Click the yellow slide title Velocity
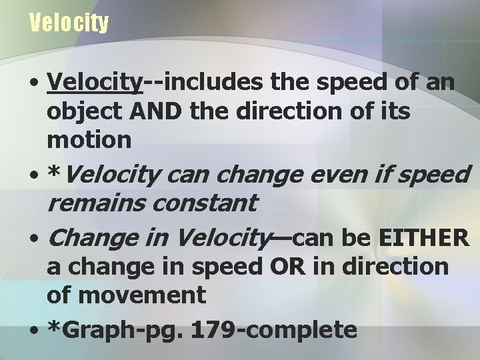tap(69, 24)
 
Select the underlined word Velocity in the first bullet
tap(95, 83)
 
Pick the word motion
tap(89, 139)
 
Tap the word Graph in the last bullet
tap(94, 329)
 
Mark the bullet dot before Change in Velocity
tap(33, 238)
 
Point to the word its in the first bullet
tap(395, 111)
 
